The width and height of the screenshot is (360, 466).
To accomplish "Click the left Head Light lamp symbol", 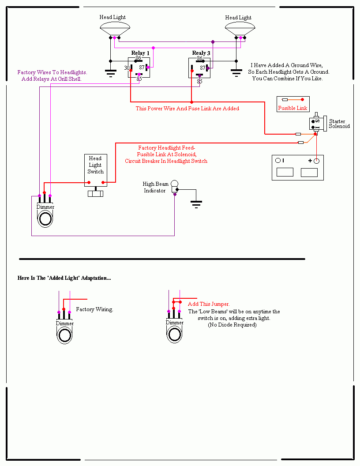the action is click(x=115, y=29).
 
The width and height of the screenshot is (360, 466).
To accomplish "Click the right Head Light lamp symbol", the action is click(x=240, y=29).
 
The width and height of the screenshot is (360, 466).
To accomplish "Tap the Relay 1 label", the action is click(x=140, y=53).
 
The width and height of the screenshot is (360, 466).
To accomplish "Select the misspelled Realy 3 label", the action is click(x=201, y=53).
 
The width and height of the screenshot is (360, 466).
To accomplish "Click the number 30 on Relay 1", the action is click(x=127, y=68).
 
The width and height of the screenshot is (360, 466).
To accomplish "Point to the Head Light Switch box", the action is click(x=96, y=170).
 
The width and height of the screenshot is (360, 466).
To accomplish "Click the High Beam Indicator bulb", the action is click(x=174, y=186).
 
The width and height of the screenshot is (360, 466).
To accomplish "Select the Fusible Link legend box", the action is click(x=293, y=104).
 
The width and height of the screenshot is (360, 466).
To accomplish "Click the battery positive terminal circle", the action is click(x=317, y=161).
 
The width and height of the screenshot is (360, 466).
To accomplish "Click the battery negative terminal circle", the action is click(x=278, y=161).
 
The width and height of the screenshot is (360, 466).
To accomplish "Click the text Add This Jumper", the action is click(x=209, y=304).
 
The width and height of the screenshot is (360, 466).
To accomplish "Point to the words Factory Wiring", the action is click(x=94, y=309).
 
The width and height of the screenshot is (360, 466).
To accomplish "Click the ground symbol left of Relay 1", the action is click(x=110, y=73).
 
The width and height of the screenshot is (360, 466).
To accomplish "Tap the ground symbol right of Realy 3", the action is click(x=236, y=73).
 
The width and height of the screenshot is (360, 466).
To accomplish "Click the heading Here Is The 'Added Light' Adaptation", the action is click(x=64, y=278).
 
